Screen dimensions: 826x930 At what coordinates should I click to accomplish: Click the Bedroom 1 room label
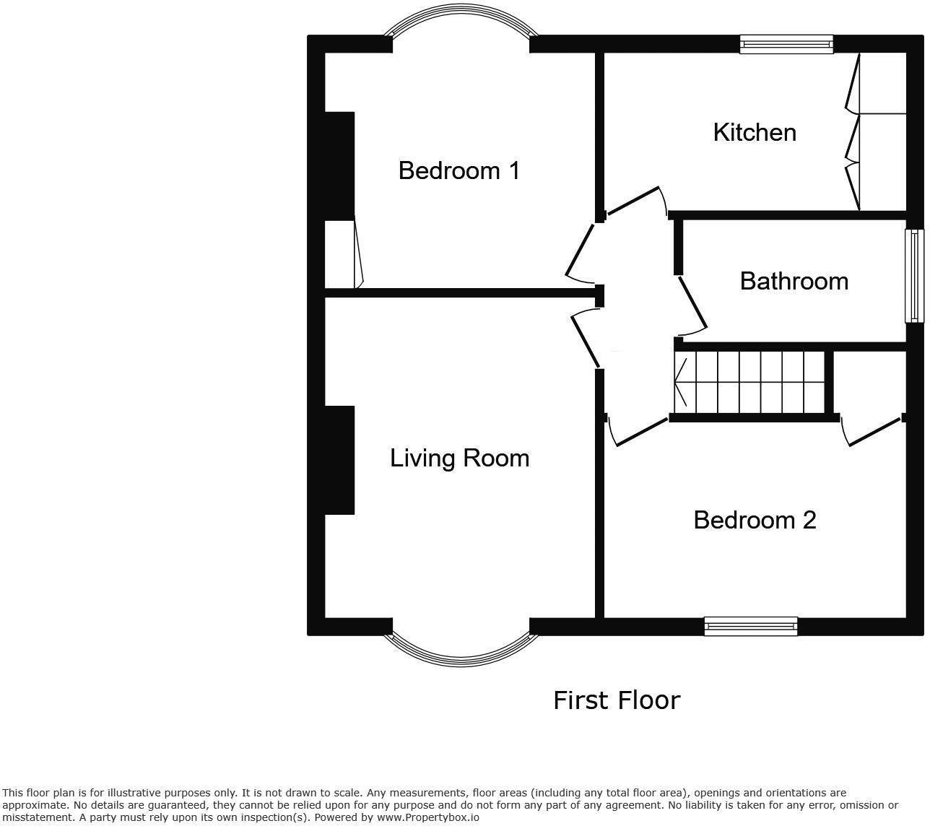click(459, 171)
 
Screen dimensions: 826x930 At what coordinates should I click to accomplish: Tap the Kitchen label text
click(755, 133)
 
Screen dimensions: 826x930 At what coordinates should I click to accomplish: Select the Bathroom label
click(794, 281)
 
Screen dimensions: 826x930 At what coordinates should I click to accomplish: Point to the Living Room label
click(459, 458)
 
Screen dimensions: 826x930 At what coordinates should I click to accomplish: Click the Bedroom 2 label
click(755, 521)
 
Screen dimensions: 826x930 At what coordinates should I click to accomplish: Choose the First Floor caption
click(617, 700)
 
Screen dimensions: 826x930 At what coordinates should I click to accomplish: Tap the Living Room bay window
click(461, 649)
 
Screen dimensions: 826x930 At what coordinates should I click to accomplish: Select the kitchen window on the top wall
click(786, 44)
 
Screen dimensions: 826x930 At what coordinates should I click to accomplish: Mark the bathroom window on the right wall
click(915, 276)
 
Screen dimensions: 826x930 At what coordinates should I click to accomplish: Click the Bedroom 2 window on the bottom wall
click(751, 626)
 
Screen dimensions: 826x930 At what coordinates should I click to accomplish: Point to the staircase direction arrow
click(680, 381)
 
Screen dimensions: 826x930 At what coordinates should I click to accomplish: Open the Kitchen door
click(633, 201)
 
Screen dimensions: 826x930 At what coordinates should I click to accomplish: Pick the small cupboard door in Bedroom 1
click(358, 254)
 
